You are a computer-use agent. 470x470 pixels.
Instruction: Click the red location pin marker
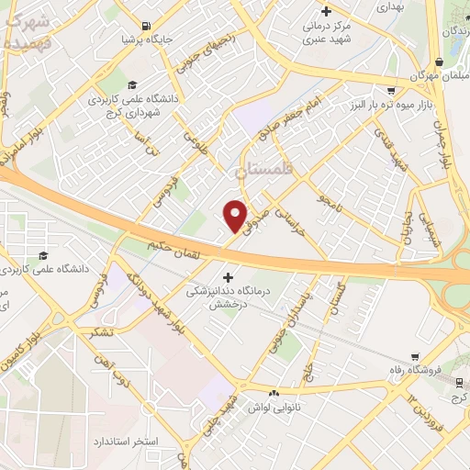pyautogui.click(x=236, y=216)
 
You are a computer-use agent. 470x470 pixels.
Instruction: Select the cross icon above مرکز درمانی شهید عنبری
pyautogui.click(x=315, y=10)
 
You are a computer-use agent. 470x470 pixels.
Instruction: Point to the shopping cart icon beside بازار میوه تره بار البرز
pyautogui.click(x=392, y=90)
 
